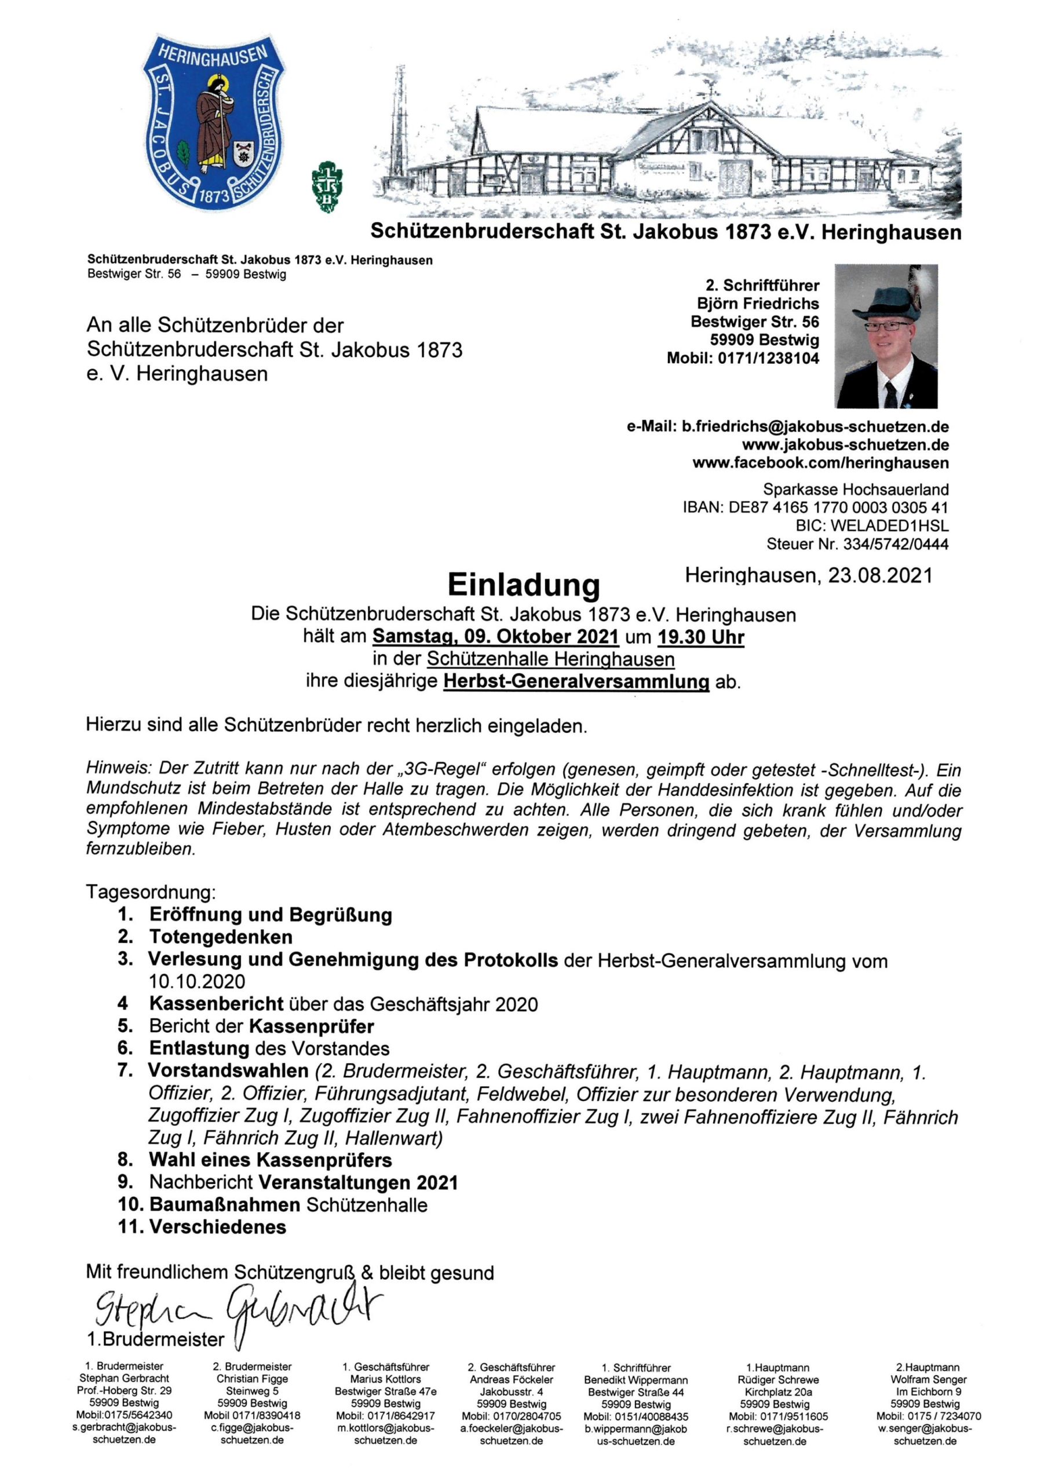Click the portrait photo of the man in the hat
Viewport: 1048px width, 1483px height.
tap(886, 336)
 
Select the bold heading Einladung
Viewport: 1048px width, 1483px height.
tap(523, 585)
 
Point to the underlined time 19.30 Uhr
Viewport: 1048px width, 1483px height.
tap(700, 637)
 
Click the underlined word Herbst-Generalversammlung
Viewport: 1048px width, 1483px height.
tap(576, 681)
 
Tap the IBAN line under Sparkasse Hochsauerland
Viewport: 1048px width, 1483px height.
tap(815, 507)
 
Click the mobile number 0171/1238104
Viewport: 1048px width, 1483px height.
tap(768, 358)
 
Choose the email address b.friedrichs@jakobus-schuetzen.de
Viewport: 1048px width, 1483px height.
tap(815, 427)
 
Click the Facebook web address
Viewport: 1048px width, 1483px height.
tap(820, 462)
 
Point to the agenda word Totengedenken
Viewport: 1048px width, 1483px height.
tap(221, 937)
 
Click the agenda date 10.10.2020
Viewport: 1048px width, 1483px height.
tap(197, 981)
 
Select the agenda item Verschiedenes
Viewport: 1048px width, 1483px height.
tap(218, 1226)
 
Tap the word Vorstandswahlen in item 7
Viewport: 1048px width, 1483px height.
tap(229, 1071)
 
